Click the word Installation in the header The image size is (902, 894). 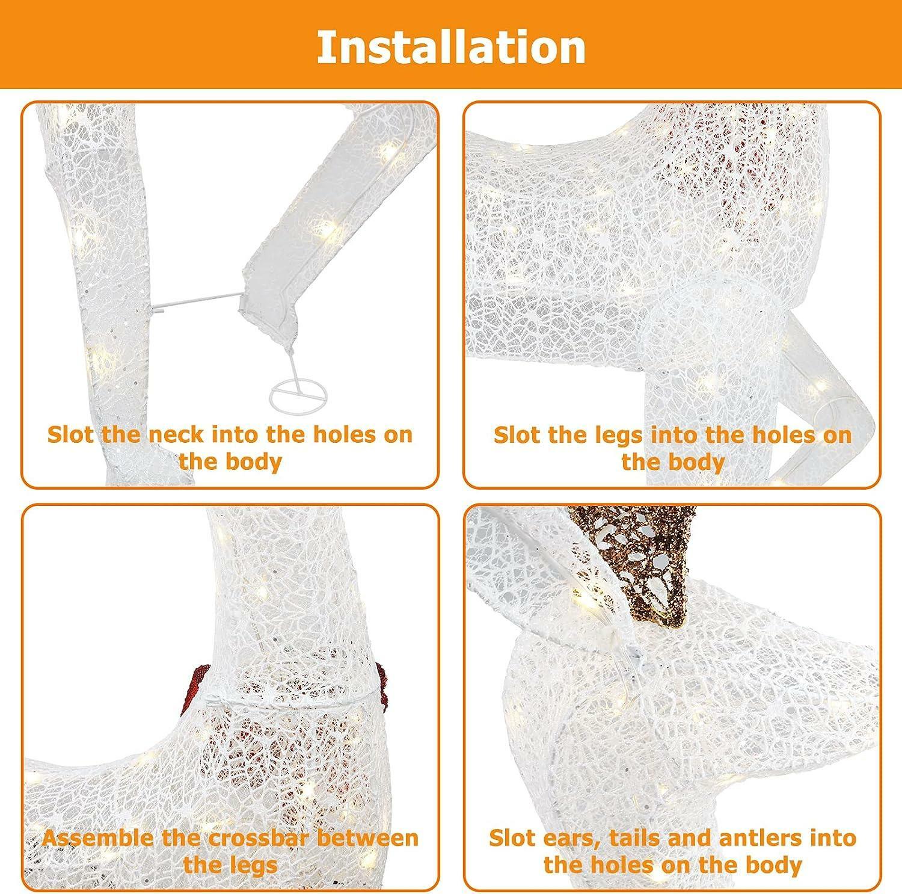[451, 47]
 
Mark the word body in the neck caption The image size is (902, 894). [256, 462]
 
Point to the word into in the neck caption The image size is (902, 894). [244, 434]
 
